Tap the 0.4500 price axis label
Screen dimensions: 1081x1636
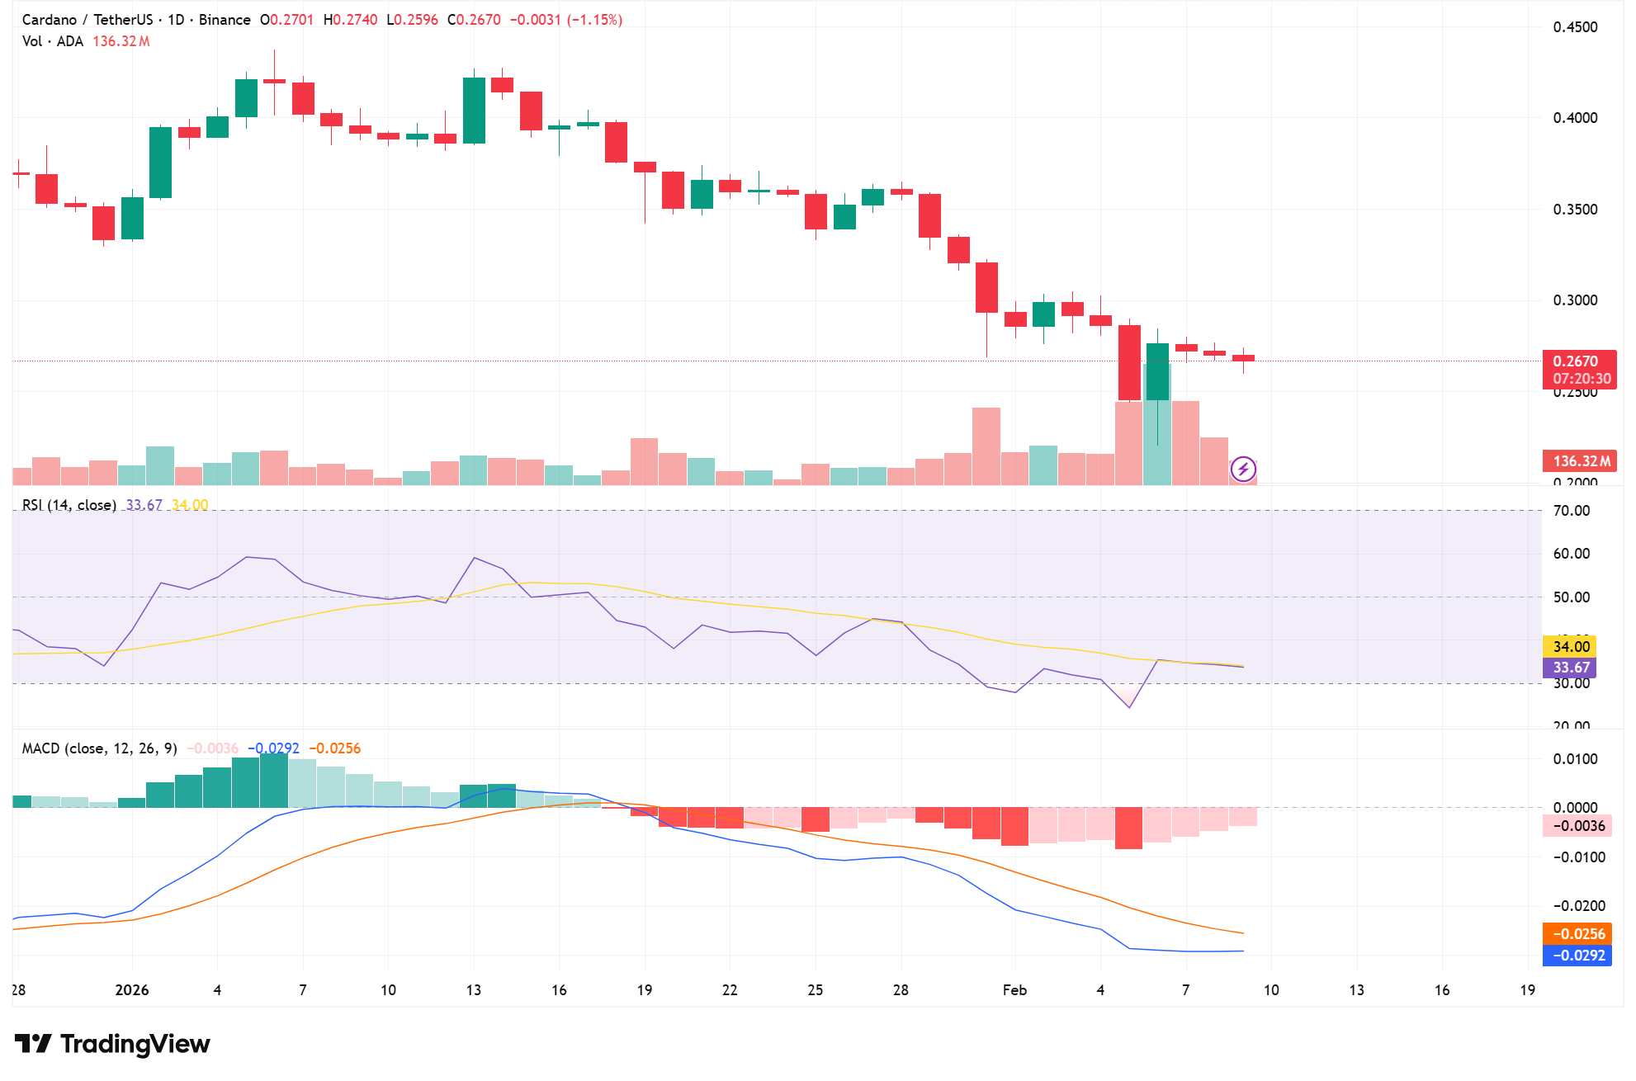pyautogui.click(x=1575, y=27)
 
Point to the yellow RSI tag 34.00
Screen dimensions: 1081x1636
pyautogui.click(x=1570, y=647)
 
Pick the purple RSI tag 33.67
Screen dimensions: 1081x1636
pyautogui.click(x=1570, y=668)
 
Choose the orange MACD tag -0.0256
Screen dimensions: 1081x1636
pyautogui.click(x=1577, y=934)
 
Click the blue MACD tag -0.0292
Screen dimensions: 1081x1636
pyautogui.click(x=1577, y=956)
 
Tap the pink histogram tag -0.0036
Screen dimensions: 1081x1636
pyautogui.click(x=1577, y=826)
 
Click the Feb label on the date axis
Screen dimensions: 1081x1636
pyautogui.click(x=1014, y=990)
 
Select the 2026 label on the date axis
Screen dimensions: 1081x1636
pyautogui.click(x=132, y=990)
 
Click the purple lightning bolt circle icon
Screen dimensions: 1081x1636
pyautogui.click(x=1243, y=470)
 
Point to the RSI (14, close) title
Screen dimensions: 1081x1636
pyautogui.click(x=69, y=505)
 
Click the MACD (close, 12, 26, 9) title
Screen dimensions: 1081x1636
pyautogui.click(x=100, y=748)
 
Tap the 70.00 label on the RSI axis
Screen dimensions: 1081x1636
pyautogui.click(x=1572, y=511)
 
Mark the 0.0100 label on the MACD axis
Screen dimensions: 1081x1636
pyautogui.click(x=1575, y=759)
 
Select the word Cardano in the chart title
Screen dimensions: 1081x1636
pyautogui.click(x=50, y=20)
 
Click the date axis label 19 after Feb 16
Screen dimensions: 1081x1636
pyautogui.click(x=1528, y=990)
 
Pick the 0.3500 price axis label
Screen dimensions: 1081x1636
pyautogui.click(x=1575, y=210)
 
